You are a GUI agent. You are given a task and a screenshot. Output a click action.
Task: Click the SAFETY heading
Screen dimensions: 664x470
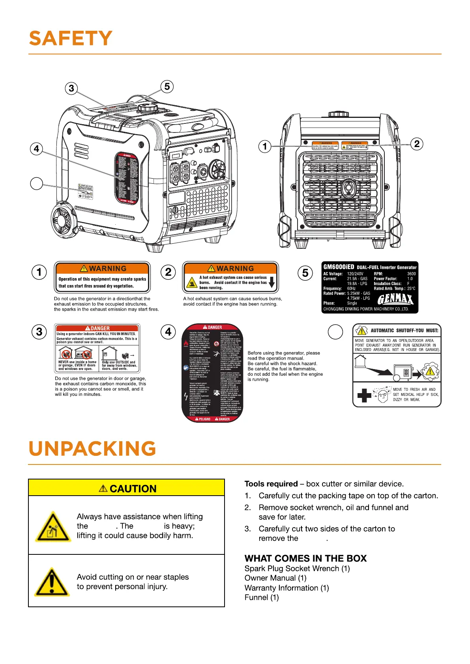click(71, 39)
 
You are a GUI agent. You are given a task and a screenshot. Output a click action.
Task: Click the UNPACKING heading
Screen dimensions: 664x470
click(92, 449)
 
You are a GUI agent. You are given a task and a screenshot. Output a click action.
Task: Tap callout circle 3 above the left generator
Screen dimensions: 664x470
click(71, 88)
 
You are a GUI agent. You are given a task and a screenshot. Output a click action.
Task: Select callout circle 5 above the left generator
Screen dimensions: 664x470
click(167, 87)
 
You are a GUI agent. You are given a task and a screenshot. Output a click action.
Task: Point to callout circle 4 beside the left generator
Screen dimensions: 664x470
click(36, 149)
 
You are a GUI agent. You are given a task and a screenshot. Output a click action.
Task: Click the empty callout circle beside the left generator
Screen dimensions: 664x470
click(36, 183)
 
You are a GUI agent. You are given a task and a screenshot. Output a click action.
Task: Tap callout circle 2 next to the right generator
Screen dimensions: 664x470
click(417, 144)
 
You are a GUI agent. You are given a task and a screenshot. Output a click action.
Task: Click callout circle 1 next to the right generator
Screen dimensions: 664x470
click(265, 146)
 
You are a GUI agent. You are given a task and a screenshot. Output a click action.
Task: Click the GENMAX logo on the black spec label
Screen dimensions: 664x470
click(395, 300)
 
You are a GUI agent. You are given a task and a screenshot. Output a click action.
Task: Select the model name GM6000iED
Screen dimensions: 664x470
click(339, 267)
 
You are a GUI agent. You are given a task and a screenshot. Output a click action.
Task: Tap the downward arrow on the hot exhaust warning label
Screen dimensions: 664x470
click(272, 282)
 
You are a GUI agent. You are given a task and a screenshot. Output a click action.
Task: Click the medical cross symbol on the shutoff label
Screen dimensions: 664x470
click(364, 395)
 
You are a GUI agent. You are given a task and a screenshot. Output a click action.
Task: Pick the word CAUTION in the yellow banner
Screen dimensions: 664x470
click(133, 489)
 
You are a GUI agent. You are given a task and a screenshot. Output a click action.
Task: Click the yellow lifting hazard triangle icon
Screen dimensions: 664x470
click(53, 527)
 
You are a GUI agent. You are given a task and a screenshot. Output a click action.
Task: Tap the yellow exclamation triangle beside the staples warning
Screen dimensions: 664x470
click(52, 582)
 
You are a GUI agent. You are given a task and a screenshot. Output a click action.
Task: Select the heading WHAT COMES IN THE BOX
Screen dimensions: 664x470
click(305, 558)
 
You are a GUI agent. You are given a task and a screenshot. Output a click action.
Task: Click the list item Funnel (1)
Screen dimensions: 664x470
click(262, 597)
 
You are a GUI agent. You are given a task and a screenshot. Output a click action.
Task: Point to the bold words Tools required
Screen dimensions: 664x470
click(271, 484)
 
